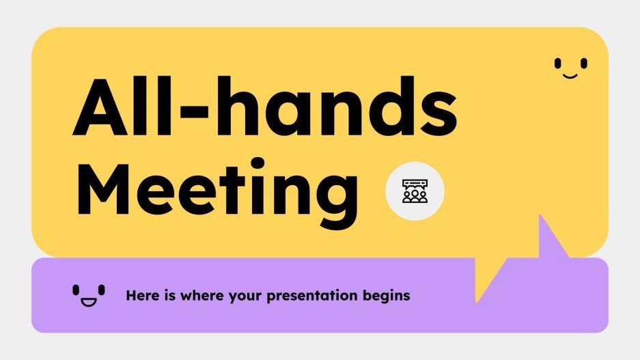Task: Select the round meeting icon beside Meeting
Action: click(415, 191)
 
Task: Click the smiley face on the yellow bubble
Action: click(570, 67)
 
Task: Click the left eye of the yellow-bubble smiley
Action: click(557, 63)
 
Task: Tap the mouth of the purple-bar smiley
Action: click(89, 301)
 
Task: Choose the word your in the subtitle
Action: click(243, 296)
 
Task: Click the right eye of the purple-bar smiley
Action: click(102, 290)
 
